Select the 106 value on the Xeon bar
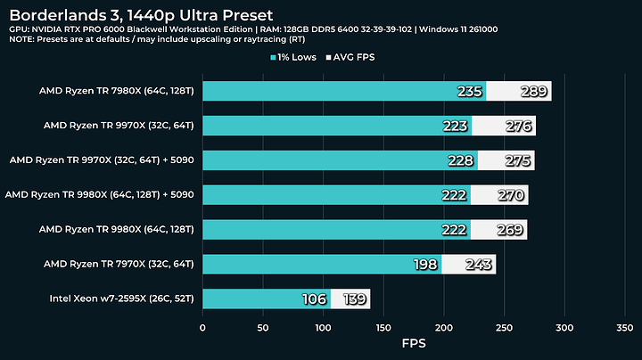tap(314, 299)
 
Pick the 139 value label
tap(355, 299)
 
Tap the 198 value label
tap(425, 264)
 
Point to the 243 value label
tap(476, 264)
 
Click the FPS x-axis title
tap(414, 342)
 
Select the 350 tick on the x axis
tap(624, 327)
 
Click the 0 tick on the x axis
tap(202, 327)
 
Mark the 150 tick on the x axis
tap(383, 327)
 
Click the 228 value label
tap(461, 160)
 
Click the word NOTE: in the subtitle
tap(24, 41)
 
